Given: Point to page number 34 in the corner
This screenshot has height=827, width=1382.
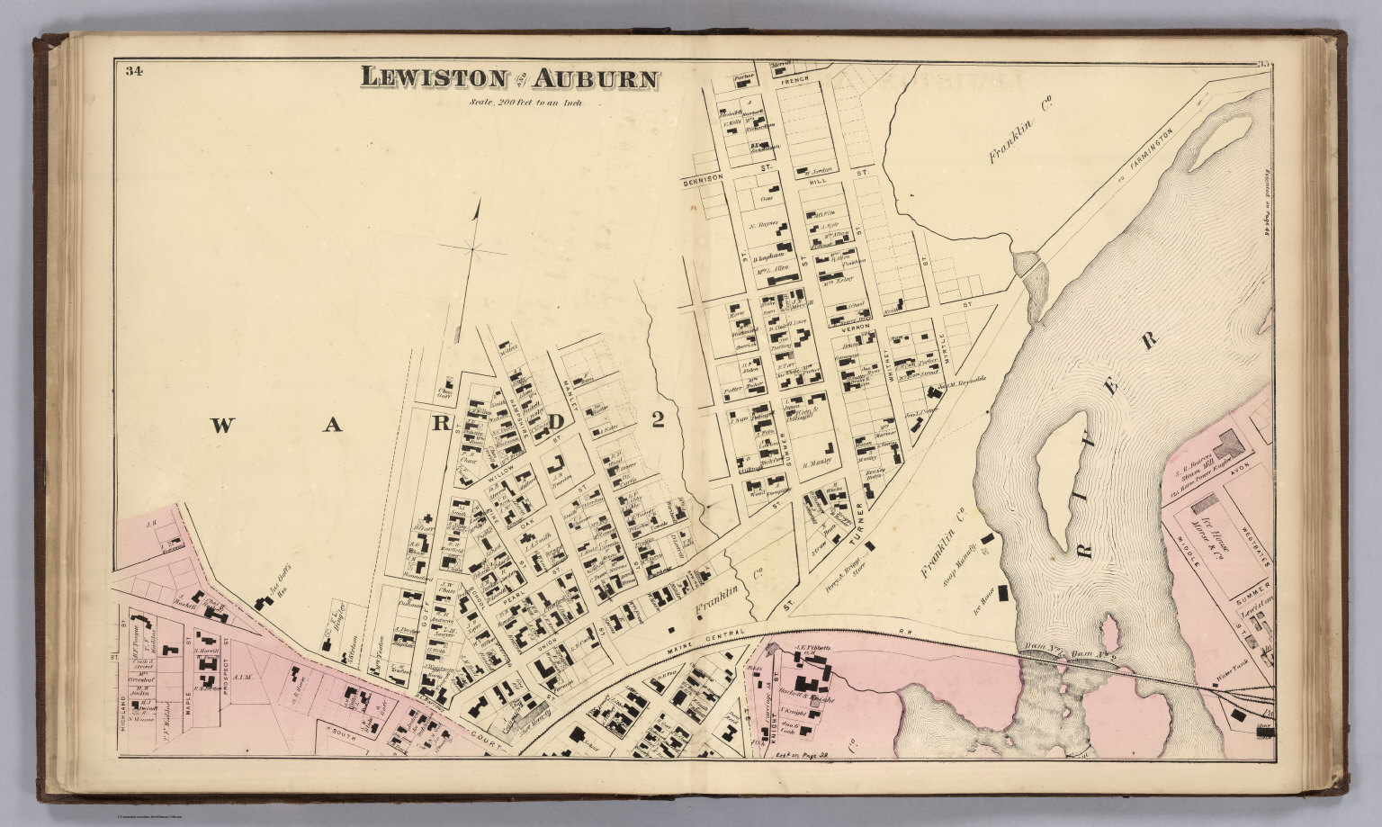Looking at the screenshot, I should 135,71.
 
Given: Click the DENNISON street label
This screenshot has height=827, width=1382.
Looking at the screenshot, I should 703,177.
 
